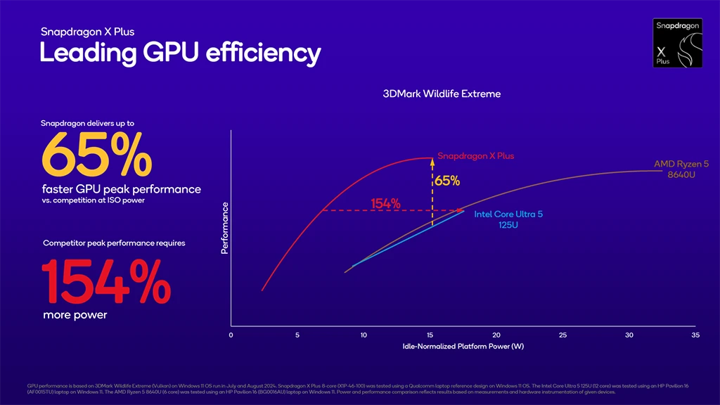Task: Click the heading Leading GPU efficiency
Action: [x=180, y=53]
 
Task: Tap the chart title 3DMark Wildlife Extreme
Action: [x=442, y=94]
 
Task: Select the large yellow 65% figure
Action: [x=97, y=155]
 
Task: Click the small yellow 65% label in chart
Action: [x=447, y=181]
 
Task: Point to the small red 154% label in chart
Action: [x=385, y=204]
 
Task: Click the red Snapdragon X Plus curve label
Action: [x=475, y=156]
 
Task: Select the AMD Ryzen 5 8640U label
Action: [x=681, y=169]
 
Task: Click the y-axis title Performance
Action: [x=225, y=229]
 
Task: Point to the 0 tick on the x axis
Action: [x=231, y=335]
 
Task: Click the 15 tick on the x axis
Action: [x=430, y=335]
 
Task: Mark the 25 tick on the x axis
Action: [x=562, y=335]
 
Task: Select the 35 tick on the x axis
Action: [x=695, y=335]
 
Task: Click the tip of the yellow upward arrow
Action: [x=432, y=159]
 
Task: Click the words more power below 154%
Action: [x=75, y=315]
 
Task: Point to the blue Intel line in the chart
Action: [x=408, y=238]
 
